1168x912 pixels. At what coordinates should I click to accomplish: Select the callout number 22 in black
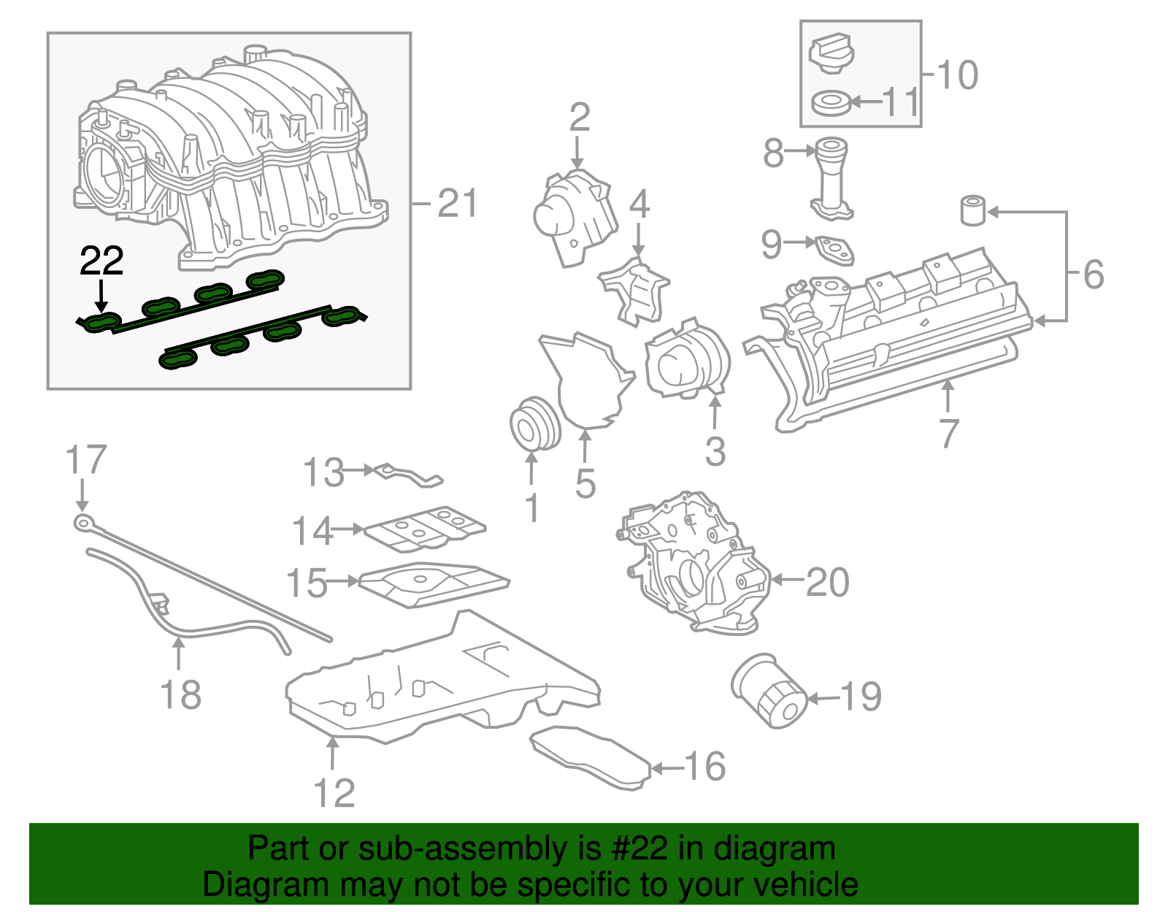coord(101,261)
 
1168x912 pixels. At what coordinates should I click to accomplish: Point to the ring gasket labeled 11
coord(831,103)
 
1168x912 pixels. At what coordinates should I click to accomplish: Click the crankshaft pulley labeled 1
coord(534,424)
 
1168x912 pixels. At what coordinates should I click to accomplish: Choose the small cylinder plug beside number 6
coord(972,210)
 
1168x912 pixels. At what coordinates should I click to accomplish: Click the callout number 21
coord(457,203)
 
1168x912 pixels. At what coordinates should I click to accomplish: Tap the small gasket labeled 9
coord(835,250)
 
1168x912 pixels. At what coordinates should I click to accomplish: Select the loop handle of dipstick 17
coord(83,521)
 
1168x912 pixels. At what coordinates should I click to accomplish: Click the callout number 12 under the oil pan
coord(334,793)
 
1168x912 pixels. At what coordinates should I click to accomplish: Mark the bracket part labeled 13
coord(409,475)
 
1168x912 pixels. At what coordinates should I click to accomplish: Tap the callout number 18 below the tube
coord(180,694)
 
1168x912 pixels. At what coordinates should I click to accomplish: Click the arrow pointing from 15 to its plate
coord(344,581)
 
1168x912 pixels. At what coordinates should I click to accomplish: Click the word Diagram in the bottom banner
coord(247,885)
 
